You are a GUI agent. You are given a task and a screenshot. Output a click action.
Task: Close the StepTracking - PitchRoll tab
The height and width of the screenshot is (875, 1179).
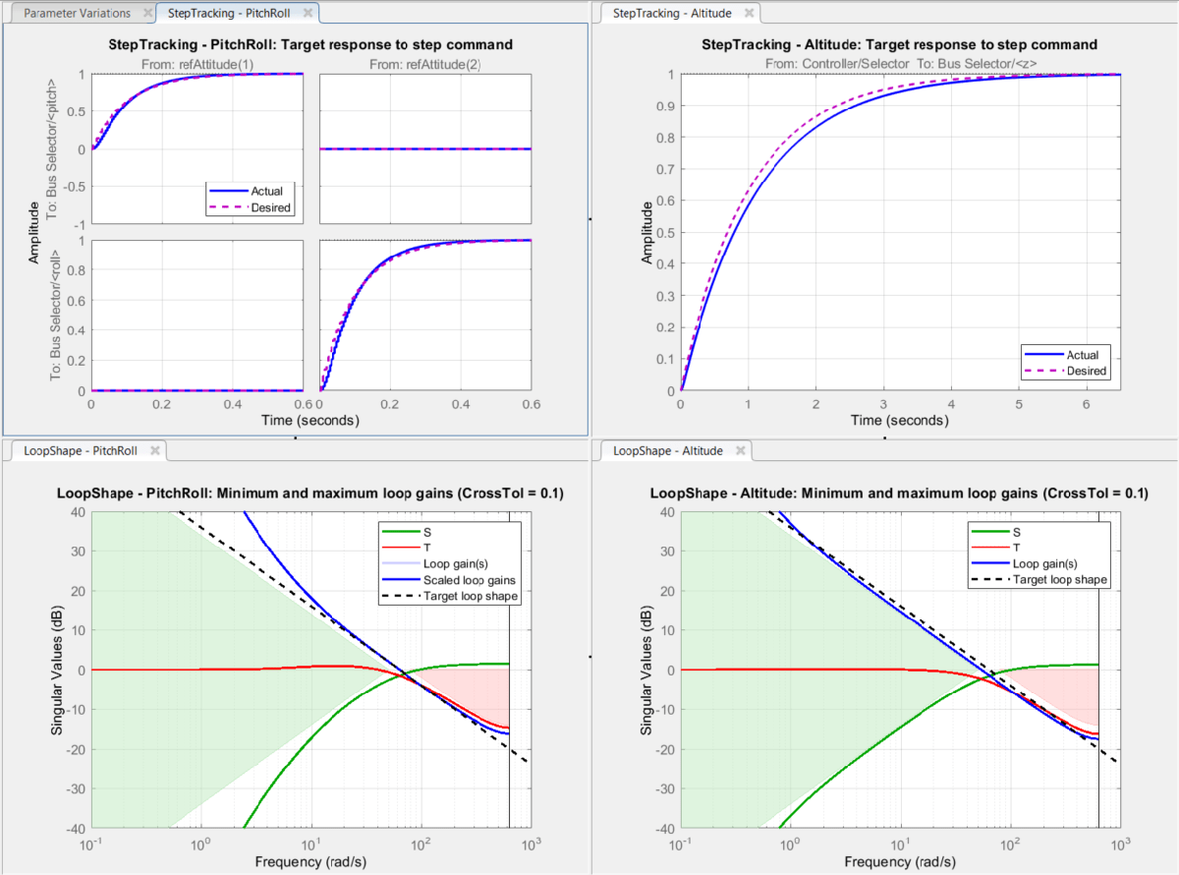308,13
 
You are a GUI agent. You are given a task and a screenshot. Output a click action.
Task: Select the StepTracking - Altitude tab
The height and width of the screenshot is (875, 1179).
671,13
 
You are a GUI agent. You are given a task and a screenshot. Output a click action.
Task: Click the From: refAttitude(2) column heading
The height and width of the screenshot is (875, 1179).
425,65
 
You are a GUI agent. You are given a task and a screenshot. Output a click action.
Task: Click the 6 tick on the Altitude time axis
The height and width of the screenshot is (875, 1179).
1086,403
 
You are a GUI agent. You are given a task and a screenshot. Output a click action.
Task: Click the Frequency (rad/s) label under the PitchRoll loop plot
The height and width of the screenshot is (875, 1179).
309,861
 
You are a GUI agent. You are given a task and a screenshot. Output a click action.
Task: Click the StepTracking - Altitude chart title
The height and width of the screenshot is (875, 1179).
899,45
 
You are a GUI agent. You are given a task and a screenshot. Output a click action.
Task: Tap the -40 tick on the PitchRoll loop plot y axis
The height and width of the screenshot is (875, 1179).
75,828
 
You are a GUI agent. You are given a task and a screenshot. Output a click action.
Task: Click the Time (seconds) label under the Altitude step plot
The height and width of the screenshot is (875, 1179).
899,420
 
